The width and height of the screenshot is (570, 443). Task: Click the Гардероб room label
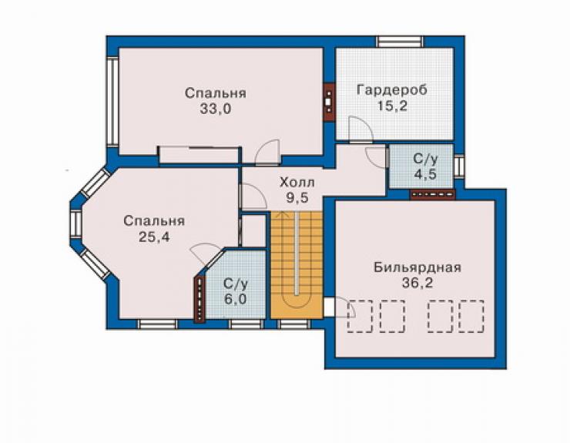(392, 90)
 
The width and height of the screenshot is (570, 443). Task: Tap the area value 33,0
(215, 109)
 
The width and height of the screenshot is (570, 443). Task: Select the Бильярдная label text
(417, 267)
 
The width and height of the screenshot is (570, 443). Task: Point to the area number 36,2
(417, 283)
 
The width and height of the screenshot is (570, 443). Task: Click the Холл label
(297, 183)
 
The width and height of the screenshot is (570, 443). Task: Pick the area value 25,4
(154, 237)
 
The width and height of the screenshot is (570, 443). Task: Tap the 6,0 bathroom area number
(235, 299)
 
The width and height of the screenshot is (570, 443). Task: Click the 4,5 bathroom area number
(425, 174)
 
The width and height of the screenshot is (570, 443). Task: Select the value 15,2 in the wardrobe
(392, 106)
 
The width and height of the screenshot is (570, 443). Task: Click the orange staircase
(297, 265)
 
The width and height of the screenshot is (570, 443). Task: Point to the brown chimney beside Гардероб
(329, 102)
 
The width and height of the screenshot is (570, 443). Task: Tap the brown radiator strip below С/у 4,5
(433, 195)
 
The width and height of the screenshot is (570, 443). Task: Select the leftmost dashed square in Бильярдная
(360, 316)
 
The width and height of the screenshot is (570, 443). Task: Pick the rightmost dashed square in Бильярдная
(471, 316)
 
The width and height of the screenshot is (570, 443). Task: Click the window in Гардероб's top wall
(400, 42)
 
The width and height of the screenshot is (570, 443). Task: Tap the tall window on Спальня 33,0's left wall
(112, 102)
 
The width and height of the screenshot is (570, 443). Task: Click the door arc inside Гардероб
(360, 128)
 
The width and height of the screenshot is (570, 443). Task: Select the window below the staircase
(293, 324)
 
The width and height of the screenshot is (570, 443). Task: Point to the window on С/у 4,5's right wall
(459, 166)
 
